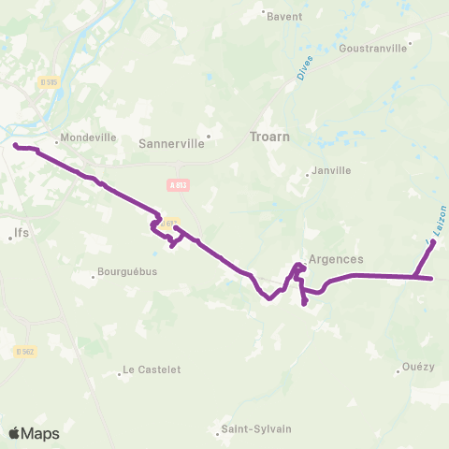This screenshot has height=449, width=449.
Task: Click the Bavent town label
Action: [283, 16]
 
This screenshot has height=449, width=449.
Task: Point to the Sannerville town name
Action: [169, 144]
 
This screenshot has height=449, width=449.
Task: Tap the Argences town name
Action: [334, 259]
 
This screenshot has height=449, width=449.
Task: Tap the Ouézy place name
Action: [418, 367]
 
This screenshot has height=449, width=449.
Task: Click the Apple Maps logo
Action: [34, 433]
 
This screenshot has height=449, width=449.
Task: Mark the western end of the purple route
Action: [15, 145]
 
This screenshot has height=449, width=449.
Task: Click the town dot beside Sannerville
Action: [209, 135]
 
